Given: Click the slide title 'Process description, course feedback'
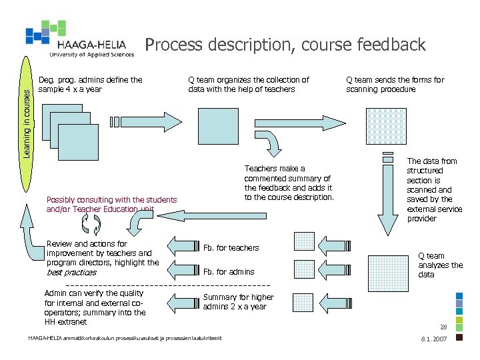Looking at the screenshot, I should pos(285,45).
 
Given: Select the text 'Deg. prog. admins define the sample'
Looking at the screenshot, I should pos(90,85).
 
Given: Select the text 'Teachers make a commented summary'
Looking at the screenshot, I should pos(289,183).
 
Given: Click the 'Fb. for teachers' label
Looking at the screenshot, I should pos(231,248).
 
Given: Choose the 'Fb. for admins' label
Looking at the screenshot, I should pos(229,272).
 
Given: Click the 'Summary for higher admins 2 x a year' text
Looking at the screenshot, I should pos(238,302).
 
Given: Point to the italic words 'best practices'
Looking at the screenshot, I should pos(71,272).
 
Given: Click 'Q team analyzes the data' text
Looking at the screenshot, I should pos(439,265).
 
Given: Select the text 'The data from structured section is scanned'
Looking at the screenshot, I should pos(434,189).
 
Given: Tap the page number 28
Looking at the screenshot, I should pos(443,327).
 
